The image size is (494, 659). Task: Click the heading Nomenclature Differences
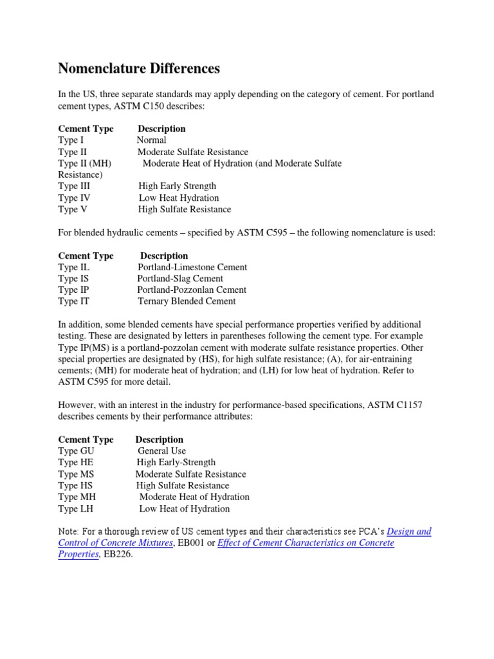(139, 68)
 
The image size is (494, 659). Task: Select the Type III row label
(75, 186)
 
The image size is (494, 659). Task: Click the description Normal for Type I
(151, 140)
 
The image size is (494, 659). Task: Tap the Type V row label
(72, 209)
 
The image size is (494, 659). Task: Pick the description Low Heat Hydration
(178, 198)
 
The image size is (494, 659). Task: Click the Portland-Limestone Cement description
(192, 267)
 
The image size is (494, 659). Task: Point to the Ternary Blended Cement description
(187, 301)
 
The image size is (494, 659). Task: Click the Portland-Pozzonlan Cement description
(192, 290)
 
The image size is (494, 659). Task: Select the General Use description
(161, 451)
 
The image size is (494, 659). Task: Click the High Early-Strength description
(176, 462)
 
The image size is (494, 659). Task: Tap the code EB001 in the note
(190, 543)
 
